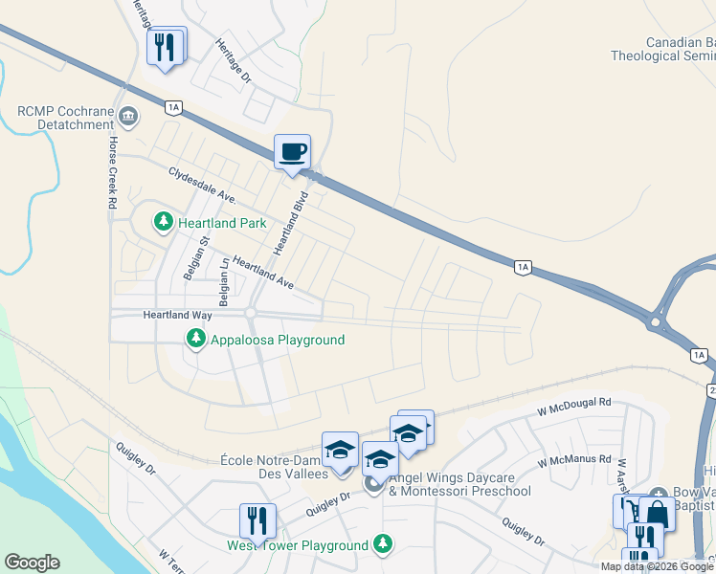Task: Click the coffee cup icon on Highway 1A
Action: pos(293,151)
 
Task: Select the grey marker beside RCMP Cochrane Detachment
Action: pos(129,117)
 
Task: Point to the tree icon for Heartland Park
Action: pos(164,222)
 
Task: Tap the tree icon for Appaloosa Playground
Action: pos(195,339)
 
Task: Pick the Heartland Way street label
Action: pos(177,314)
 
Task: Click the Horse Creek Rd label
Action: pos(112,172)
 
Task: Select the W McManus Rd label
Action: pos(573,460)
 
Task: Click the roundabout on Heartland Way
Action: pos(252,314)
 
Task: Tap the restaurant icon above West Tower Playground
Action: pos(257,521)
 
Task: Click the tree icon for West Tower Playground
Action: pos(383,543)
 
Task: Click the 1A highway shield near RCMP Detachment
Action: pos(172,108)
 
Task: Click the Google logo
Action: pos(33,563)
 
